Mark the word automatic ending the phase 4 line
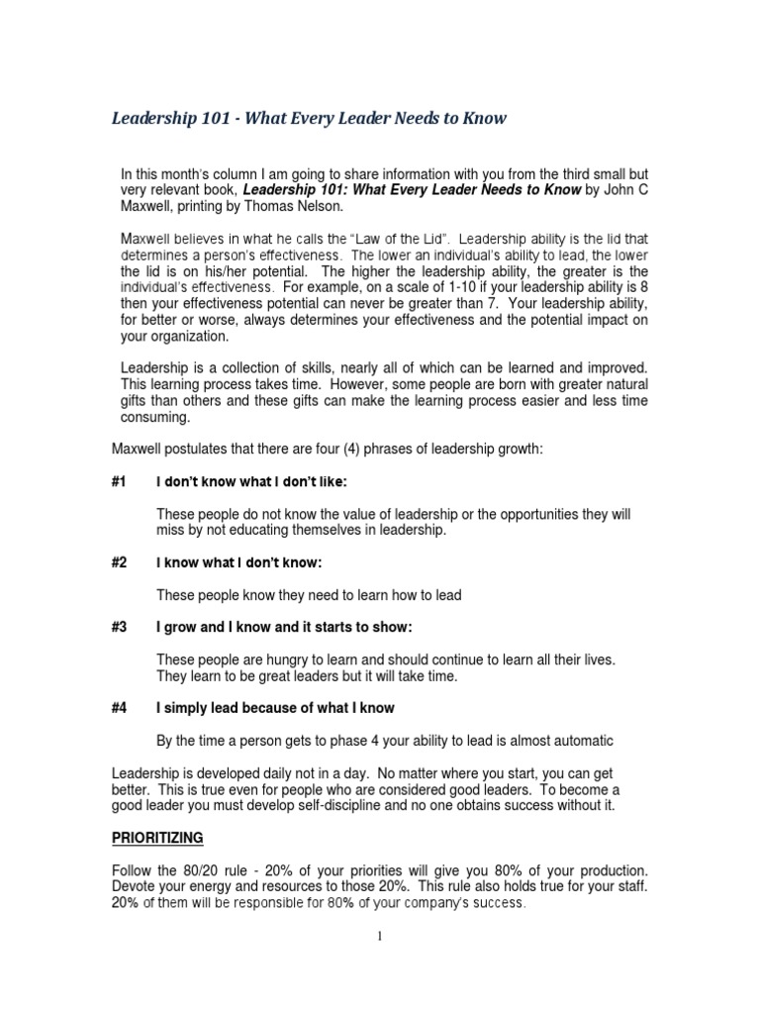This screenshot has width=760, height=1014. pyautogui.click(x=577, y=741)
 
